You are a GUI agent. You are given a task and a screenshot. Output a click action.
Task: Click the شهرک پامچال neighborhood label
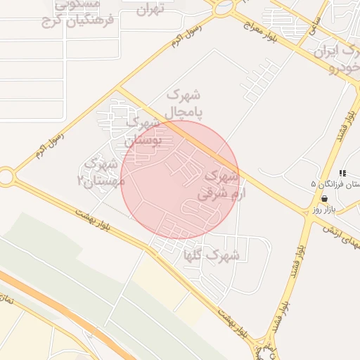pos(185,103)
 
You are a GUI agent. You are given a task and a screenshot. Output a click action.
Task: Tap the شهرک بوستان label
pos(143,131)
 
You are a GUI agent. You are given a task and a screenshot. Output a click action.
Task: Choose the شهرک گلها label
pos(210,255)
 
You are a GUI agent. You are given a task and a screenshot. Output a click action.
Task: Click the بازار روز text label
pos(328,210)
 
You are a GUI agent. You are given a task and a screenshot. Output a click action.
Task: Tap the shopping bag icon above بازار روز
pos(324,200)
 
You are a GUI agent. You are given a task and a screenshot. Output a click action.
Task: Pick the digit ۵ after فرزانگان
pos(314,184)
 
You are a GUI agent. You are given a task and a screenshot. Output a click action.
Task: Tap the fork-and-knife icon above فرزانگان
pos(342,173)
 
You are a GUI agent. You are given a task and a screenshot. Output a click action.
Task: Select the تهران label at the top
pos(149,9)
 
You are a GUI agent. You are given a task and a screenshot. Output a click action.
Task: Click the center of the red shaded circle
pos(181,179)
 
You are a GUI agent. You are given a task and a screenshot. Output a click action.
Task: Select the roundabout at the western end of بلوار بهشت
pos(6,177)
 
